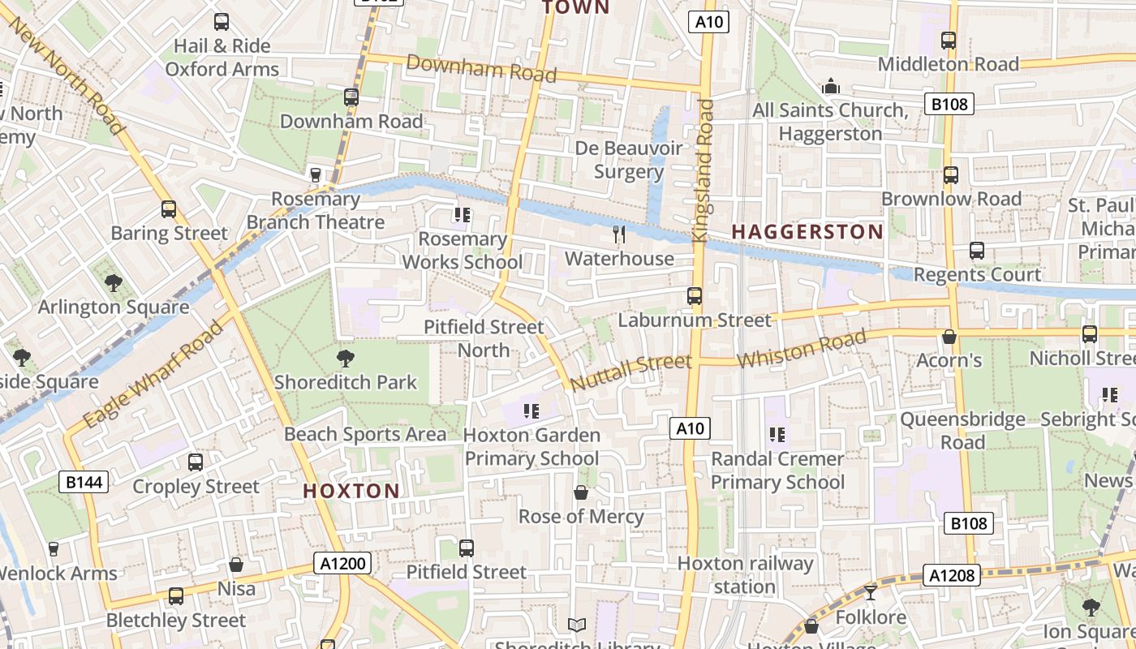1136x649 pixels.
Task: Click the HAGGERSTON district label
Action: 807,232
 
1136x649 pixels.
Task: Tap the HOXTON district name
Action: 351,491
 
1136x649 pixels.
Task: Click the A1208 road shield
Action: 951,575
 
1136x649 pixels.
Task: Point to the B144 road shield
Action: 84,483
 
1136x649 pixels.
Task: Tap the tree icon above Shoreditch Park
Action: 346,358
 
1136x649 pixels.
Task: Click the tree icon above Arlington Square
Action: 113,283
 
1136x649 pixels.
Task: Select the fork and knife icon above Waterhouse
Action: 619,234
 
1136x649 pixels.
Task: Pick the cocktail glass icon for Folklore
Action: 871,592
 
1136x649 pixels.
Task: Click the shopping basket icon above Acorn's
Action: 949,337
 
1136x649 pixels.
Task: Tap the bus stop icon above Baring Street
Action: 169,209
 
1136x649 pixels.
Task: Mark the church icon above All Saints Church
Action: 830,86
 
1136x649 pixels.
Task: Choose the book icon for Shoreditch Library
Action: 576,625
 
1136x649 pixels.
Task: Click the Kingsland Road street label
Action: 703,170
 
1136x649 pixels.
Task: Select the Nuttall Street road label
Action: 630,372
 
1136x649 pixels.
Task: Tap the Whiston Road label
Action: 802,350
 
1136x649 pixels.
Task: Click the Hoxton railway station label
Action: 745,574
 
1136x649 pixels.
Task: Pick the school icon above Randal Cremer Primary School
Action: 777,435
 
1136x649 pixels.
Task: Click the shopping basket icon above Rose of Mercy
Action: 581,492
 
